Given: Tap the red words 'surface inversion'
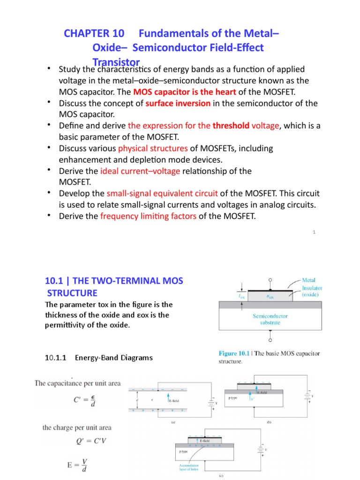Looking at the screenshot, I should coord(178,103).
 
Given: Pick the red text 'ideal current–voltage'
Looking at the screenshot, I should coord(140,171).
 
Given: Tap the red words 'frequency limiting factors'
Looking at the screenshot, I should coord(149,216).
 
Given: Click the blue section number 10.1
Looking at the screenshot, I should coord(54,281).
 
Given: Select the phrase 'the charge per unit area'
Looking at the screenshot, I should coord(77,427).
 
